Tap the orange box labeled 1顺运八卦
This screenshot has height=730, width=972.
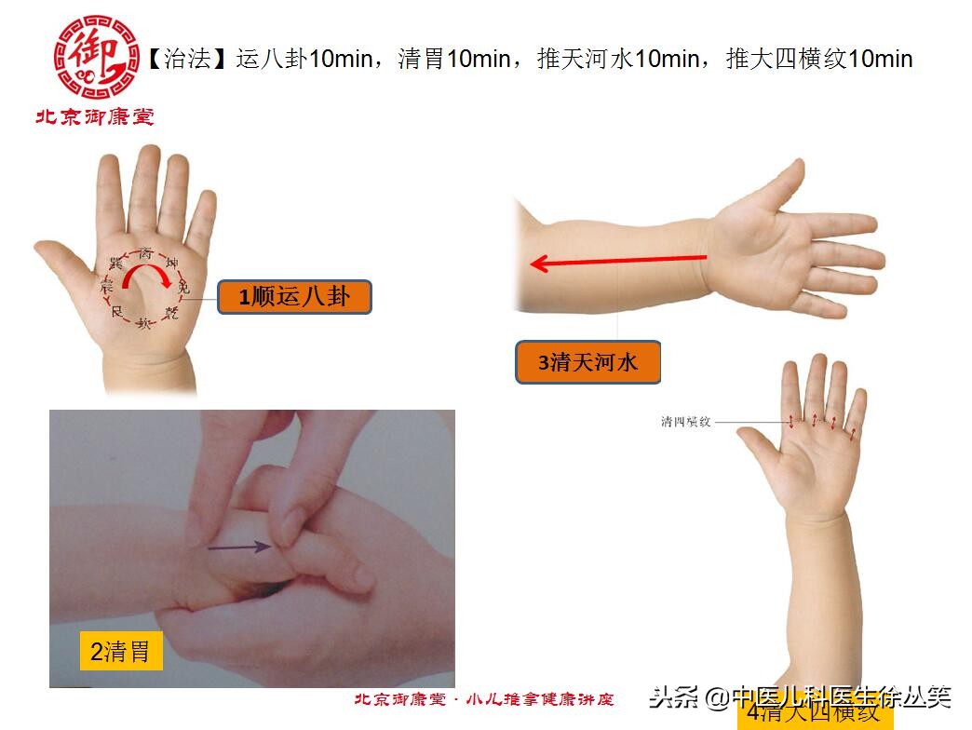[294, 297]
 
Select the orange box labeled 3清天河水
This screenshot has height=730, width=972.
[587, 362]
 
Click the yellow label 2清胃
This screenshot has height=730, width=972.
[120, 651]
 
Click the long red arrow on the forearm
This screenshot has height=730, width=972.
[618, 262]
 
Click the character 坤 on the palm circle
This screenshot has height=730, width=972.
[171, 264]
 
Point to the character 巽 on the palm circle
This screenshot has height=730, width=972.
[116, 264]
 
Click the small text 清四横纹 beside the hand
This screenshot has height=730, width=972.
[686, 422]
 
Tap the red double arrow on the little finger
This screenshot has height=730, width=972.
[852, 431]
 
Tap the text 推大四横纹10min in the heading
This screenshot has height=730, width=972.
[819, 60]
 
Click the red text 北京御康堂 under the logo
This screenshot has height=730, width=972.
[94, 117]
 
